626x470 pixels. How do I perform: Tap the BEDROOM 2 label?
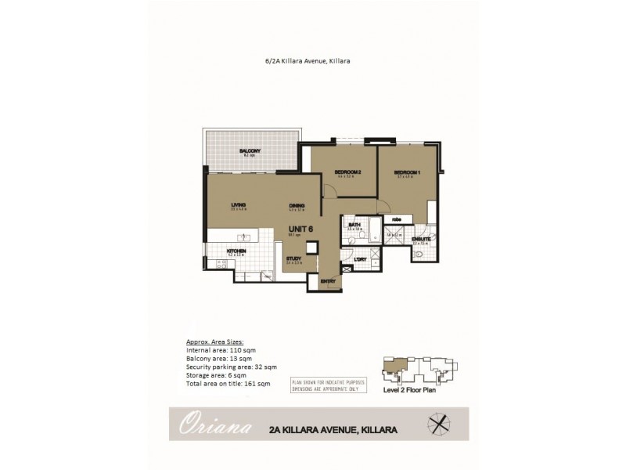(x=347, y=172)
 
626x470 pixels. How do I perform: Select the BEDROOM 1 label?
(x=407, y=172)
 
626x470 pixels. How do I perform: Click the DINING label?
(x=296, y=205)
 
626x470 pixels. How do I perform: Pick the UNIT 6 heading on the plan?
(x=300, y=228)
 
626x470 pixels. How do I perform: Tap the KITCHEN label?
(x=237, y=251)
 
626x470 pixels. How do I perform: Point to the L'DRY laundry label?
(x=361, y=259)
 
